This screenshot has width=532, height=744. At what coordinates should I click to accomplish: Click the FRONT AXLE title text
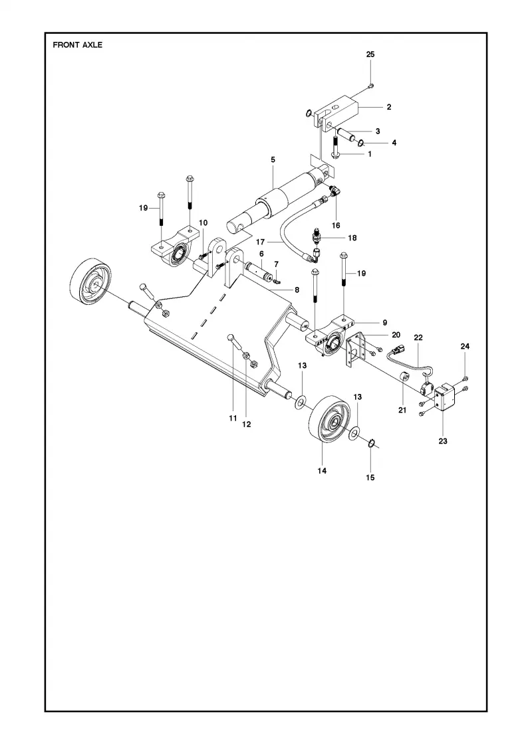tap(77, 45)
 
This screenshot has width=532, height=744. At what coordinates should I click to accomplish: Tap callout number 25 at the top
tap(370, 54)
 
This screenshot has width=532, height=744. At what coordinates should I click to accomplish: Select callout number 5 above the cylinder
tap(273, 160)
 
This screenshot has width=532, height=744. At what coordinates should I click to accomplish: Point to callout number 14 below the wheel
tap(322, 471)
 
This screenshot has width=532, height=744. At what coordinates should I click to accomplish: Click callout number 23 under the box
tap(443, 441)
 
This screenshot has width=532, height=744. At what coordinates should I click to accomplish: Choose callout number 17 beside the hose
tap(260, 242)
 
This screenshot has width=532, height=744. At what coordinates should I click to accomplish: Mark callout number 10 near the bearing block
tap(203, 223)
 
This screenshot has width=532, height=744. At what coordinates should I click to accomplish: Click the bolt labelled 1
tap(335, 147)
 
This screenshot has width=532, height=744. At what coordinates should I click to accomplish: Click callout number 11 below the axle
tap(233, 418)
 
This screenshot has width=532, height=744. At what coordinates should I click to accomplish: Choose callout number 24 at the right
tap(465, 346)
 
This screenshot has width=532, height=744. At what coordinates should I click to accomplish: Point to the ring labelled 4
tap(361, 143)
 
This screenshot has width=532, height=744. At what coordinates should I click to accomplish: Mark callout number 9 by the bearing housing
tap(385, 323)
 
